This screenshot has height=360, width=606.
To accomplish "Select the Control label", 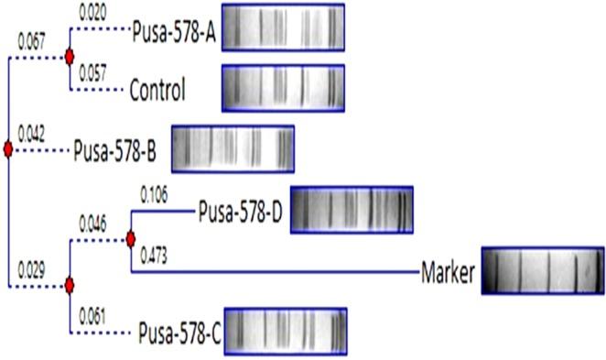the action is tap(157, 90).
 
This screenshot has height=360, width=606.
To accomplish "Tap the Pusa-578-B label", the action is tap(115, 150).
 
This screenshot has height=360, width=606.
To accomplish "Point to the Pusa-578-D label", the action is tap(241, 213).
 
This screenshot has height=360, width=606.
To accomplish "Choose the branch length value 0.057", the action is tap(92, 74).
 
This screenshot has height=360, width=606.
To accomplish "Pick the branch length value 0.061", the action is tap(92, 316).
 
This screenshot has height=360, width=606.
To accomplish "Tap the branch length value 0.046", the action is tap(92, 224).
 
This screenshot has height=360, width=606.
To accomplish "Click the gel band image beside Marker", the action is tap(543, 271).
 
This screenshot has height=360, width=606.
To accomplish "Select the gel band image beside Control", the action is tap(284, 88).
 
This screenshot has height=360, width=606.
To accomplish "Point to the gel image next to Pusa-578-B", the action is tap(233, 148).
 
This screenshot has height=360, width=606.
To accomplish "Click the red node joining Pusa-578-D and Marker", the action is tap(131, 239).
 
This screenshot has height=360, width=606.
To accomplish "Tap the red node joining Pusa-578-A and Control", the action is tap(69, 58).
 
